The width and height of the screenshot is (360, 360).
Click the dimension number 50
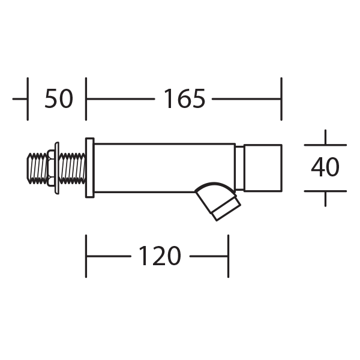59,99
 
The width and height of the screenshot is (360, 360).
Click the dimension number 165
184,99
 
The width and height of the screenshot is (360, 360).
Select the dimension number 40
325,167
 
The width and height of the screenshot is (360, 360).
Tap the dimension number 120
160,256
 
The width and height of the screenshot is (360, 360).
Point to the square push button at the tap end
263,168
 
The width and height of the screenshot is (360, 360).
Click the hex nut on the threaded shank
51,168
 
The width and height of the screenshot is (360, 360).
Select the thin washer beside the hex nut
57,168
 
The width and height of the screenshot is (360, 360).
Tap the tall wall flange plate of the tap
90,167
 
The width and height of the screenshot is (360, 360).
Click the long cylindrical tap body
164,168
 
